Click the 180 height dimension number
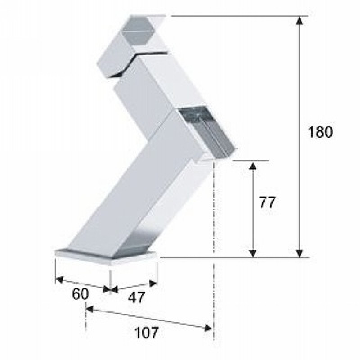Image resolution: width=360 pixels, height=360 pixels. pyautogui.click(x=320, y=132)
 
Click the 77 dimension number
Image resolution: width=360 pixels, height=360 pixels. pyautogui.click(x=267, y=202)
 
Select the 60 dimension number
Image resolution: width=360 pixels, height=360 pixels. pyautogui.click(x=80, y=294)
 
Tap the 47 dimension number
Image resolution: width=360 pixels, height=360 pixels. pyautogui.click(x=136, y=297)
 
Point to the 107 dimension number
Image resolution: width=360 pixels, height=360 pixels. pyautogui.click(x=146, y=332)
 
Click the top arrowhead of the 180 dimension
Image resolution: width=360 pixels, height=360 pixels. pyautogui.click(x=299, y=21)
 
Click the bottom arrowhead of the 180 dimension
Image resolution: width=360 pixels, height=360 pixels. pyautogui.click(x=299, y=253)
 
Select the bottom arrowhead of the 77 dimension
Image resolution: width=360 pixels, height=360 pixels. pyautogui.click(x=253, y=253)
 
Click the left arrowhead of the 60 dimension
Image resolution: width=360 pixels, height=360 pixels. pyautogui.click(x=59, y=279)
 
